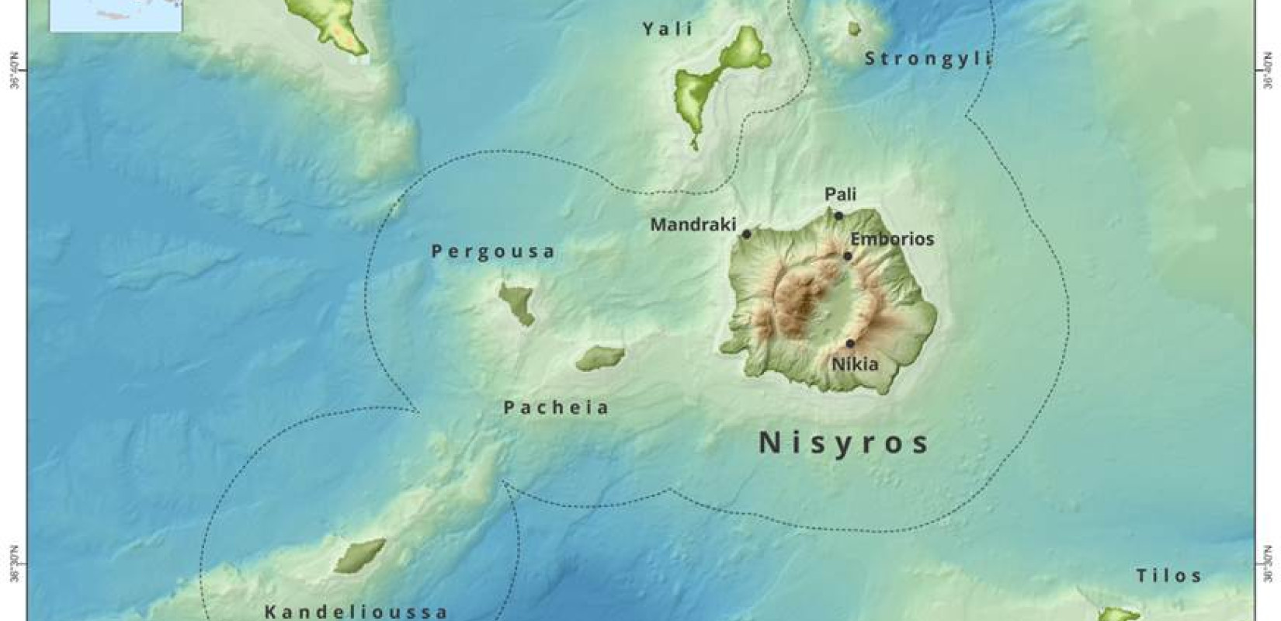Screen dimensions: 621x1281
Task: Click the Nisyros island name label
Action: [843, 442]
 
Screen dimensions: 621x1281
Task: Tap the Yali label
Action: [668, 29]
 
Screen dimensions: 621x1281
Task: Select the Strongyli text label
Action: [929, 59]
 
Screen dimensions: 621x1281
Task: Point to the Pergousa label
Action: [494, 252]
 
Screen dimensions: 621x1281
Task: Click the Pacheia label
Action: [557, 408]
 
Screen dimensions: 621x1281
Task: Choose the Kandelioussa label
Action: [356, 612]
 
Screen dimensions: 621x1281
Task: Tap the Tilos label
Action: [1169, 576]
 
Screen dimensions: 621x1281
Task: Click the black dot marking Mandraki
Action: [746, 234]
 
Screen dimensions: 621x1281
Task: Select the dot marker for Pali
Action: [838, 215]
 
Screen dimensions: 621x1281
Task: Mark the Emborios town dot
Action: [848, 256]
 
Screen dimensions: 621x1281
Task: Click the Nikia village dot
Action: [850, 343]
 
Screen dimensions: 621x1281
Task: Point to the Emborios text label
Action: [892, 239]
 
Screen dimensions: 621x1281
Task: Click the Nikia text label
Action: [855, 363]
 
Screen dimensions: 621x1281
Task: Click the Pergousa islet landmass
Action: [516, 303]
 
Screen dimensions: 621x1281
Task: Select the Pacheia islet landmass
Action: [600, 358]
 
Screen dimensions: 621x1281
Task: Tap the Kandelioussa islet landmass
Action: [359, 555]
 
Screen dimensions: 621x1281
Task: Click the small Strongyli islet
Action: [854, 29]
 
